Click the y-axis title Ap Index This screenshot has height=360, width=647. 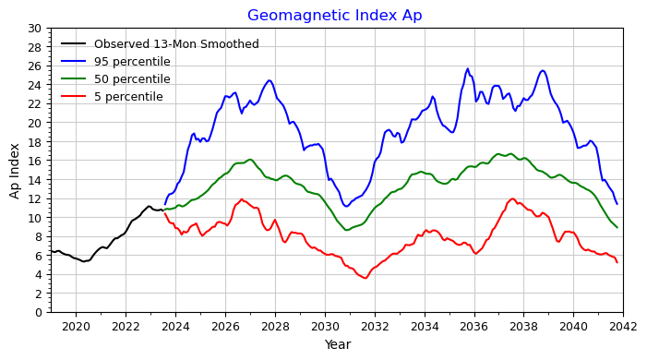coord(16,171)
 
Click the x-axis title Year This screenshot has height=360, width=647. coord(336,344)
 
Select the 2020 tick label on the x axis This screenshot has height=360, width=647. coord(76,326)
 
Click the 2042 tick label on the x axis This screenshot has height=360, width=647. coord(623,326)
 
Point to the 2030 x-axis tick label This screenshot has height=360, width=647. coord(325,326)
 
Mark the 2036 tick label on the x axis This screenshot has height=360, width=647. coord(473,326)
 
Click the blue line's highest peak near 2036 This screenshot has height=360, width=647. coord(468,68)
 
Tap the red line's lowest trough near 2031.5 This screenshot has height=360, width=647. coord(365,278)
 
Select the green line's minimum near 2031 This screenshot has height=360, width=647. coord(347,230)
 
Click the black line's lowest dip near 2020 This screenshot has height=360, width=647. coord(84,261)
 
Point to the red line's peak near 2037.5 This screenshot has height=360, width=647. coord(513,198)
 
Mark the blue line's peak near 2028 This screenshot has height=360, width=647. coord(270,80)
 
